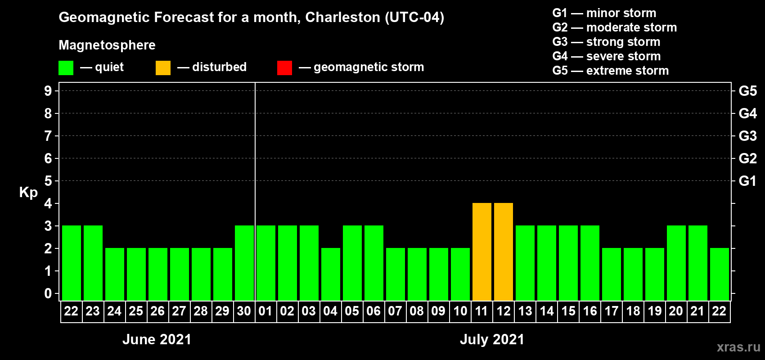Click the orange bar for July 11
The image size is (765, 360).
click(x=482, y=252)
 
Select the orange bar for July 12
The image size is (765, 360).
click(x=504, y=252)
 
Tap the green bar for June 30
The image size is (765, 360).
click(x=244, y=263)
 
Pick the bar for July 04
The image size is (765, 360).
click(x=331, y=274)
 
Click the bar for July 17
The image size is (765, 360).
click(x=612, y=274)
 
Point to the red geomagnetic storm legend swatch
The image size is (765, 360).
click(x=284, y=68)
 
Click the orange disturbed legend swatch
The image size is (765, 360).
click(x=163, y=68)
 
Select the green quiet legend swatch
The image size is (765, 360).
click(x=66, y=68)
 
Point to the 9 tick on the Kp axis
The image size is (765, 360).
click(x=48, y=91)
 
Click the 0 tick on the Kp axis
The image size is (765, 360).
click(x=48, y=293)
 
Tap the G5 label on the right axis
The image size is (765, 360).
click(x=747, y=91)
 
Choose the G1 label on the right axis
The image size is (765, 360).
click(x=747, y=181)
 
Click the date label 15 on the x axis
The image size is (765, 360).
click(x=568, y=311)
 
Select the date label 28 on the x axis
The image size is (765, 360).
click(x=201, y=311)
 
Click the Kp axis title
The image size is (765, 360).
click(x=28, y=192)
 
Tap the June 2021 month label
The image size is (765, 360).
click(x=157, y=339)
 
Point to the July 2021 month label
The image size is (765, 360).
click(x=492, y=339)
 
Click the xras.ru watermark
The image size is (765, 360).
click(x=738, y=347)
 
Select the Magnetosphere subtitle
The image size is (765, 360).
click(x=107, y=45)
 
